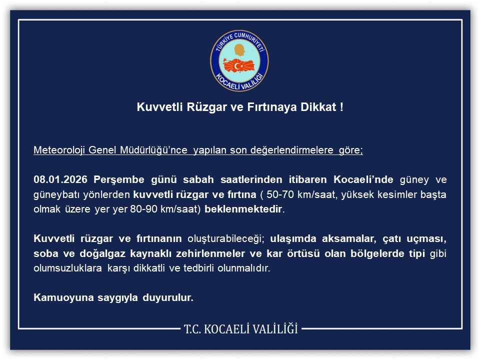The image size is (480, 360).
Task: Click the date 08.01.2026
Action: (x=60, y=179)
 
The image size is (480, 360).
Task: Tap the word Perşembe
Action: (x=119, y=180)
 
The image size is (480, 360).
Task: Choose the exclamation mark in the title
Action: (x=341, y=107)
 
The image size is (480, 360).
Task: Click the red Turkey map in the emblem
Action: (x=239, y=65)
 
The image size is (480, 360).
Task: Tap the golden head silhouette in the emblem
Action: (x=239, y=50)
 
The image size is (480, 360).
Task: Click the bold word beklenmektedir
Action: (x=243, y=209)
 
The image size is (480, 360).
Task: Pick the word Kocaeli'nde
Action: (x=363, y=179)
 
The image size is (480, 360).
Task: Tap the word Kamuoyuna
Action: (x=63, y=298)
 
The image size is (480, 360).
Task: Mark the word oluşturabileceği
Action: (x=225, y=239)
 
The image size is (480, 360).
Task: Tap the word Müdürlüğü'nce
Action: (x=153, y=150)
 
